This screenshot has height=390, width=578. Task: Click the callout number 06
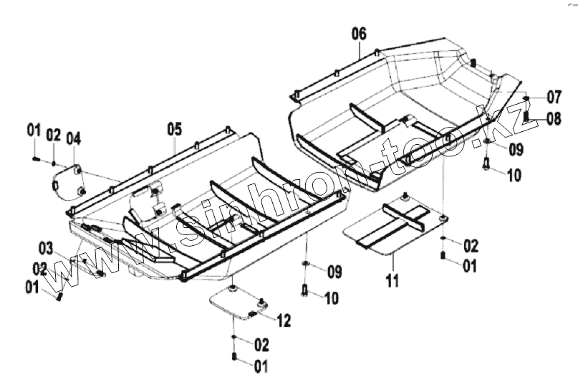click(359, 33)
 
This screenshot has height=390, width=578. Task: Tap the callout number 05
click(175, 129)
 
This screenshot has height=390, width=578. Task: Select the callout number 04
click(74, 138)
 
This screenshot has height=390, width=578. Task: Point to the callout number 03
click(46, 249)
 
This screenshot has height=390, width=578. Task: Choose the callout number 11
click(391, 280)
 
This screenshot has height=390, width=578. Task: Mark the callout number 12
click(284, 320)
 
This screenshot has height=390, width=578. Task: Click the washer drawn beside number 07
click(526, 97)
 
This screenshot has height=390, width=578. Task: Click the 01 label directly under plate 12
click(260, 366)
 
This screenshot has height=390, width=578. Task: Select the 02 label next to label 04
click(54, 135)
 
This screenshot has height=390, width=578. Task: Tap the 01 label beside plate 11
click(469, 267)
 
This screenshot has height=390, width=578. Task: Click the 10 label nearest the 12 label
click(332, 297)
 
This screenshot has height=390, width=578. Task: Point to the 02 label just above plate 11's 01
click(469, 246)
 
